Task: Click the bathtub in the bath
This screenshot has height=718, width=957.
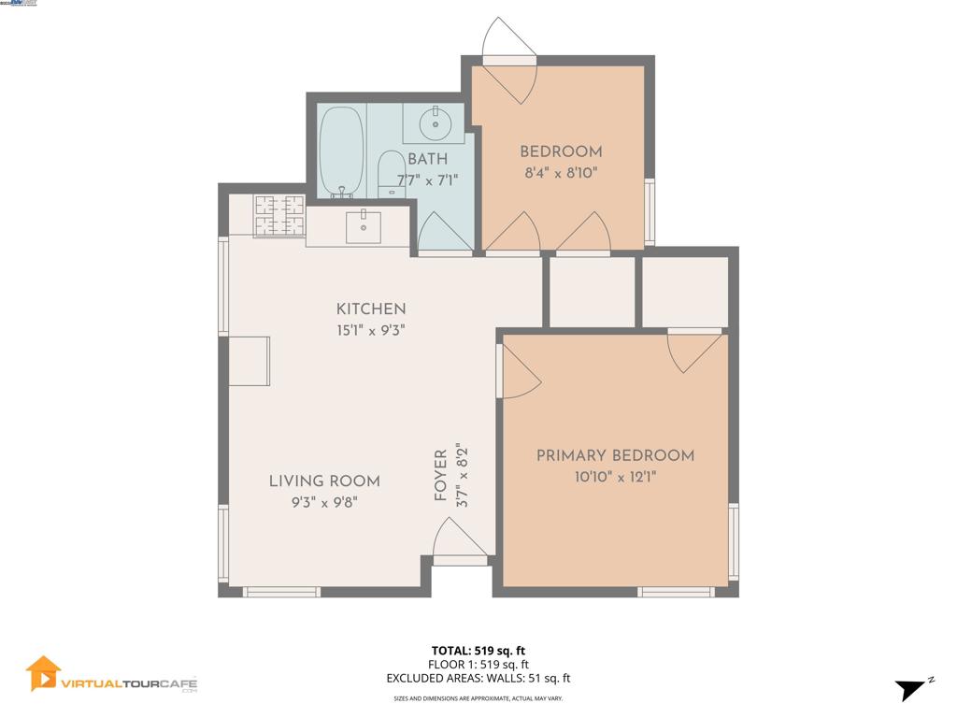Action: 341,151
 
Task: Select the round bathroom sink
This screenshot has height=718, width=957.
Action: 434,123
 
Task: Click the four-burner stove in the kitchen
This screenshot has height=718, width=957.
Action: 279,216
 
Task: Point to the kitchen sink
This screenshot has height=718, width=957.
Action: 363,226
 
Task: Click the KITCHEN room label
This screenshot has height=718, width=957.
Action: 371,309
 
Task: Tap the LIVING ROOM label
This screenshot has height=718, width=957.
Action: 324,481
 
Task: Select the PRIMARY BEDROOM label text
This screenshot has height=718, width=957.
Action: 615,456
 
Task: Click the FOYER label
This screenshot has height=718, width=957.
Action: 441,476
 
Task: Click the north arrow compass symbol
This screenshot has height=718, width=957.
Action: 910,690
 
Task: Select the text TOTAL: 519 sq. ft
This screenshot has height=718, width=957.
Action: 478,650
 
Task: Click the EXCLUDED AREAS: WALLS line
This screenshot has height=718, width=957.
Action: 478,679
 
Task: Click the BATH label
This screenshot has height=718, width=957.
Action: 427,159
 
